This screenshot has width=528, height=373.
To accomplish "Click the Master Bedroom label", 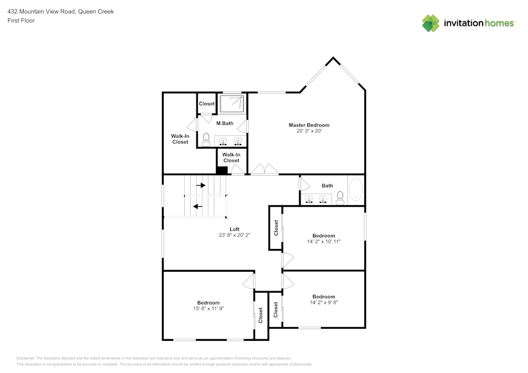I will (309, 125).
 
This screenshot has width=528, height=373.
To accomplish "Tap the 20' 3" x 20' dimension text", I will (309, 131).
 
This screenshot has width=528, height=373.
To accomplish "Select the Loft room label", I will (234, 229).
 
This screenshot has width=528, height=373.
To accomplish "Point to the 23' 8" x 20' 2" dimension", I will (234, 235).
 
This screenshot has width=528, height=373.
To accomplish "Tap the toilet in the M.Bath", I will (206, 139).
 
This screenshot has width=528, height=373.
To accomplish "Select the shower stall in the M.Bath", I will (232, 103).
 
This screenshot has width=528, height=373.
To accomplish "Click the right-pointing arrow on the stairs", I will (201, 185).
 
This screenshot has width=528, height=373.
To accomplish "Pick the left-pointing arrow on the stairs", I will (198, 206).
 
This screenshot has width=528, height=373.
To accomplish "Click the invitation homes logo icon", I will (431, 23).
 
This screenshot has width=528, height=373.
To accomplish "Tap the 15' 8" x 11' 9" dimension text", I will (209, 309).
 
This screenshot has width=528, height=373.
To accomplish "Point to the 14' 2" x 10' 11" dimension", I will (324, 242).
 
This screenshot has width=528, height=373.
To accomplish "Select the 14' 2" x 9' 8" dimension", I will (324, 302).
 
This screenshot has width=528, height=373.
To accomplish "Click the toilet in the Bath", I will (340, 198).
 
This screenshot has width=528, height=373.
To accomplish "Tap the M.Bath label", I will (225, 123).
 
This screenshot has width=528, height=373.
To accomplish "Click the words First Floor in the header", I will (21, 21).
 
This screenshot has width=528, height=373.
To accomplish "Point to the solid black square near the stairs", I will (222, 170).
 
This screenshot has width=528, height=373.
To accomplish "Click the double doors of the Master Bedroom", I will (264, 170).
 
